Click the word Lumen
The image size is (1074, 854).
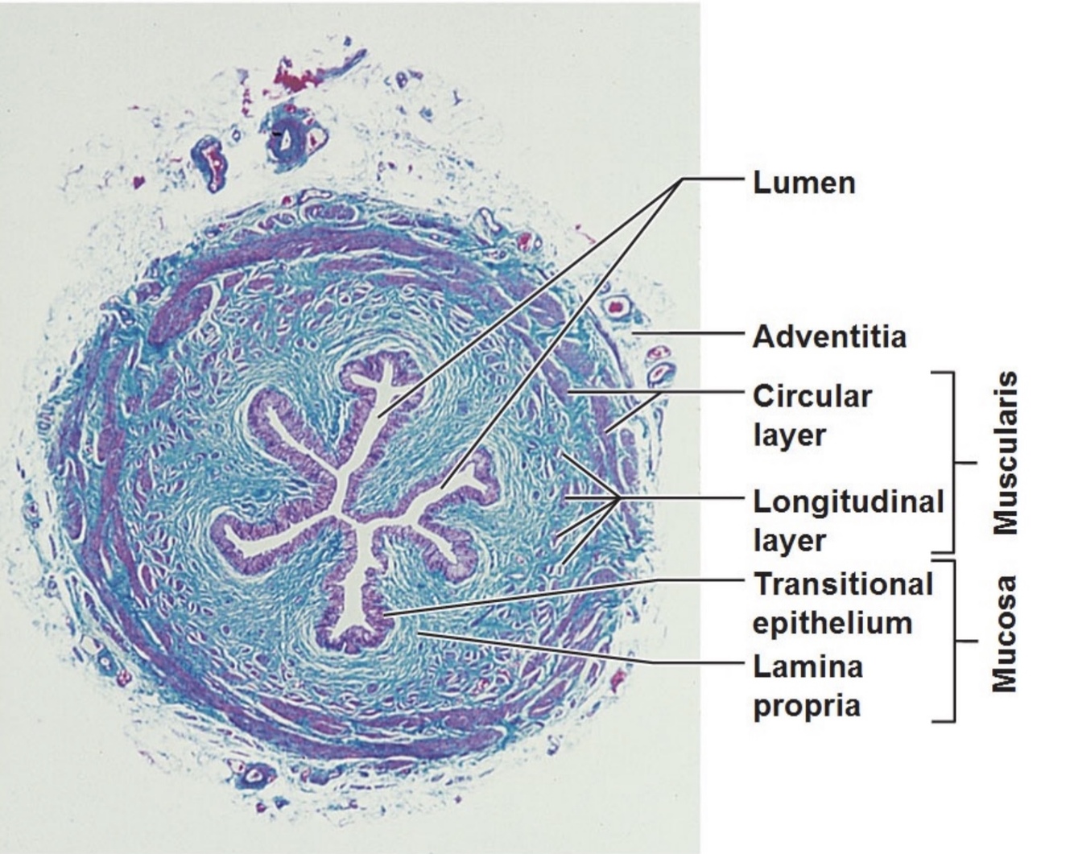(x=803, y=183)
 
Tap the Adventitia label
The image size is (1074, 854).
(x=829, y=336)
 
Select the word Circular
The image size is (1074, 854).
(x=812, y=396)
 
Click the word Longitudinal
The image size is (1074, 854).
(x=848, y=501)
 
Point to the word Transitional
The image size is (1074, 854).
(x=843, y=584)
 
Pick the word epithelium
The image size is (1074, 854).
(x=832, y=623)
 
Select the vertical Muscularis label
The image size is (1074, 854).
(x=1005, y=453)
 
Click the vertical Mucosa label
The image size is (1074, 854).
(x=1005, y=633)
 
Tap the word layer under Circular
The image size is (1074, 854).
(x=789, y=435)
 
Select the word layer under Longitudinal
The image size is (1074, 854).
(x=789, y=541)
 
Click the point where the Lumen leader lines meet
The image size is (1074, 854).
(x=681, y=179)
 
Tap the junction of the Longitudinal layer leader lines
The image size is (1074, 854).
(x=618, y=499)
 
